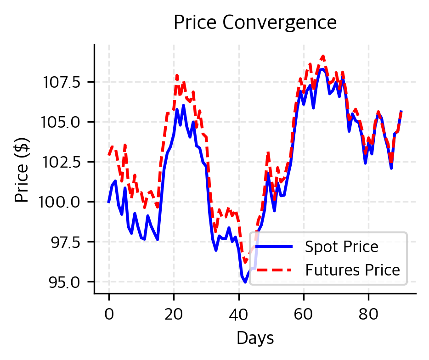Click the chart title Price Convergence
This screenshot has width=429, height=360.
coord(255,22)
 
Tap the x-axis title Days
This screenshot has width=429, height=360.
coord(255,338)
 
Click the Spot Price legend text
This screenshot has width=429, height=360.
coord(342,247)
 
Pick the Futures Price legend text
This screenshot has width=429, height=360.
coord(353,270)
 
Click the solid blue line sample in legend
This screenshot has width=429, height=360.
coord(274,247)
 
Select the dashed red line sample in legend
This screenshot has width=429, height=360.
coord(274,270)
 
